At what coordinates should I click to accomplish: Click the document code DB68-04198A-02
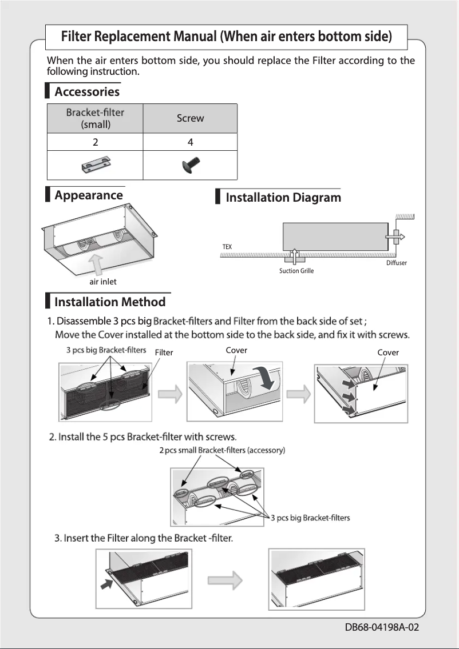coord(382,627)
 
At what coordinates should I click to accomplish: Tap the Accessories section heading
coord(87,91)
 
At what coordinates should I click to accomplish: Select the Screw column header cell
coord(190,118)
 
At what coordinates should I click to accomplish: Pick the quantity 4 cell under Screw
coord(190,142)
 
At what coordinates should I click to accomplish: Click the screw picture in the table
coord(189,166)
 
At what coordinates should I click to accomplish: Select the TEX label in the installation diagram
coord(227,246)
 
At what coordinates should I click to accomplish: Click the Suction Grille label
coord(296,271)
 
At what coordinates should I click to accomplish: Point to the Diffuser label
coord(397,263)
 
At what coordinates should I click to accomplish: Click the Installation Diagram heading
coord(283,198)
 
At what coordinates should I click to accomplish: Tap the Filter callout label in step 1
coord(164,352)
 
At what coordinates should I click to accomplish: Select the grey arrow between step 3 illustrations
coord(224,580)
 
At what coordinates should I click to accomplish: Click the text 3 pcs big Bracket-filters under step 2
coord(310,518)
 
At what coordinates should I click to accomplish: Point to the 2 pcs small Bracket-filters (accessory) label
coord(222,450)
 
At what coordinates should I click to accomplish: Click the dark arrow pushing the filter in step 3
coord(106,584)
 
